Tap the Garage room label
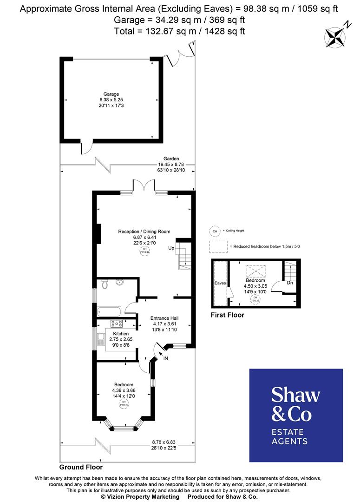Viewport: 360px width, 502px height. click(111, 94)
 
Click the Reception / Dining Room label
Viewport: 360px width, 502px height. click(144, 231)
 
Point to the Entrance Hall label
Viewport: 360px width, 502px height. click(165, 318)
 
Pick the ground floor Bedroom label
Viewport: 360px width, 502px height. click(124, 385)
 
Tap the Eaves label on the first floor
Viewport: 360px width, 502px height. click(220, 283)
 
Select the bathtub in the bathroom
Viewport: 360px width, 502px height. click(110, 310)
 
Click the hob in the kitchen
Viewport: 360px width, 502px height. click(116, 324)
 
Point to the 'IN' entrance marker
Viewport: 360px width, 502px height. click(165, 358)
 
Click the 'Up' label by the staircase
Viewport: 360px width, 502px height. click(171, 248)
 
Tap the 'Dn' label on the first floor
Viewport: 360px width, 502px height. click(289, 282)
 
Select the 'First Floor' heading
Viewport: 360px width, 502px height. click(228, 315)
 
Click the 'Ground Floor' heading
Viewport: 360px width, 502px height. click(81, 467)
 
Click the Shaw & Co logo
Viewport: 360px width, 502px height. click(296, 415)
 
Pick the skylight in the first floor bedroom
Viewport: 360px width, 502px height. click(255, 270)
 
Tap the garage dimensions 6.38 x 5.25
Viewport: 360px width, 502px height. click(111, 100)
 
